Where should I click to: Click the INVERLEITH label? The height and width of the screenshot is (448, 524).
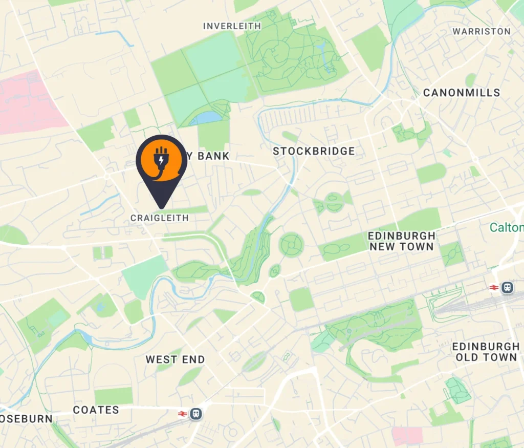(x=232, y=26)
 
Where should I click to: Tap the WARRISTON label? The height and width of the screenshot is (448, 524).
(x=482, y=32)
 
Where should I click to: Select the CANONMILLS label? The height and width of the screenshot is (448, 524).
(x=462, y=93)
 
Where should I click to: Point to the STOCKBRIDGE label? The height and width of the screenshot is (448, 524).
(x=314, y=151)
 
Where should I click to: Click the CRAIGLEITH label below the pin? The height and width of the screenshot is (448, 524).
(x=160, y=218)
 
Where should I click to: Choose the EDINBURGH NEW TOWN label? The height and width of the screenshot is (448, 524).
(x=402, y=241)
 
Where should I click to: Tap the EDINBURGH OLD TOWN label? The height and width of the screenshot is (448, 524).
(x=486, y=352)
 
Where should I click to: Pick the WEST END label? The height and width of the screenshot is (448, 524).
(x=175, y=359)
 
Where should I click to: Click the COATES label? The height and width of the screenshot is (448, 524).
(x=96, y=410)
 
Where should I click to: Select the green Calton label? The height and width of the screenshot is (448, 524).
(x=507, y=227)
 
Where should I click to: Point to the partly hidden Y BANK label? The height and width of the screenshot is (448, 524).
(x=207, y=156)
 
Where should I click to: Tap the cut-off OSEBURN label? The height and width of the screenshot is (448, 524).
(x=26, y=419)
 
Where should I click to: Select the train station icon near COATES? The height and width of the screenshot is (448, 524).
(x=195, y=414)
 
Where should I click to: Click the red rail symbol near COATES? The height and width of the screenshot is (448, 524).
(x=181, y=414)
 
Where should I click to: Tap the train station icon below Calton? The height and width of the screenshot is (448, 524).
(x=507, y=288)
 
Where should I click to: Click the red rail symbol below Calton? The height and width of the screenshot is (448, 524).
(x=494, y=288)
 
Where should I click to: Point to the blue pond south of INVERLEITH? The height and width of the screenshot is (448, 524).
(x=206, y=118)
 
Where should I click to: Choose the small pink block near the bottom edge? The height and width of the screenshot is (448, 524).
(x=408, y=436)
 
